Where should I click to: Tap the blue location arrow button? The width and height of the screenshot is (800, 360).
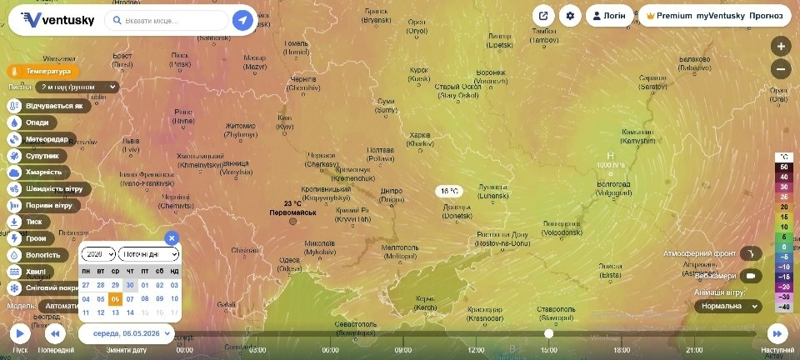tap(242, 20)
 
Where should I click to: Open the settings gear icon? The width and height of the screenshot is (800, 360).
tap(570, 16)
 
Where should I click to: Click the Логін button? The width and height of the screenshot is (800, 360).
tap(608, 16)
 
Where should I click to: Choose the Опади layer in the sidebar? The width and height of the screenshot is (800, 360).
tap(37, 122)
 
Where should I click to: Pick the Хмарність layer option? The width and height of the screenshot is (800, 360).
tap(38, 172)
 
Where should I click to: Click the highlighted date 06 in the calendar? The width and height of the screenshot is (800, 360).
tap(115, 298)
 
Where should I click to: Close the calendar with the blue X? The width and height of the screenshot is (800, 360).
tap(172, 237)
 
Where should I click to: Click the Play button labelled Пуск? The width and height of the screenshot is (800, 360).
tap(19, 334)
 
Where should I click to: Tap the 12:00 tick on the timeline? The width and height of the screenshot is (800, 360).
tap(477, 350)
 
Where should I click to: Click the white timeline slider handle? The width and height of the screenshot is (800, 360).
tap(548, 333)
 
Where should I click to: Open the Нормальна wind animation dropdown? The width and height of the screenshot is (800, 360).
tap(727, 306)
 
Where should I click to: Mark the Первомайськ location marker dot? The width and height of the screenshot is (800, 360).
tap(292, 222)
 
